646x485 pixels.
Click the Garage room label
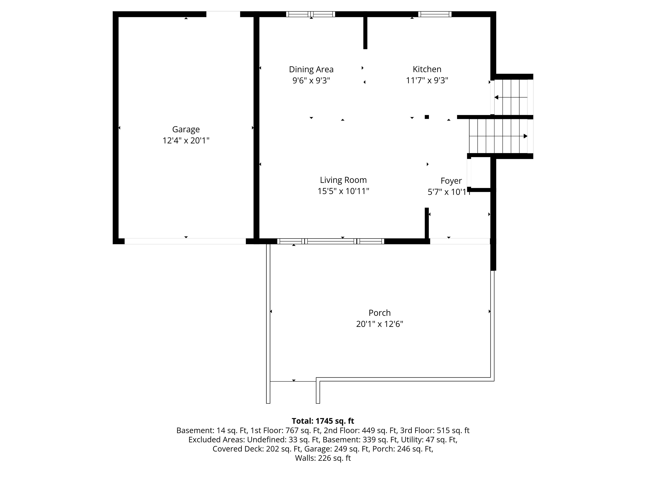coord(186,129)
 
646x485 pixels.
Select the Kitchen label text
coord(427,69)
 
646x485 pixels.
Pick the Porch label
coord(380,313)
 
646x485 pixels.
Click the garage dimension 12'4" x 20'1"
coord(186,141)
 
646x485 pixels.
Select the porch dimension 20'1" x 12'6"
coord(380,324)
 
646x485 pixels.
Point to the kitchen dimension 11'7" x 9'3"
coord(427,80)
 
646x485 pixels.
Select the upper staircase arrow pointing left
coord(511,97)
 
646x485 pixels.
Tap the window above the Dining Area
coord(310,14)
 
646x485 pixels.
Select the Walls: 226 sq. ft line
coord(323,458)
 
